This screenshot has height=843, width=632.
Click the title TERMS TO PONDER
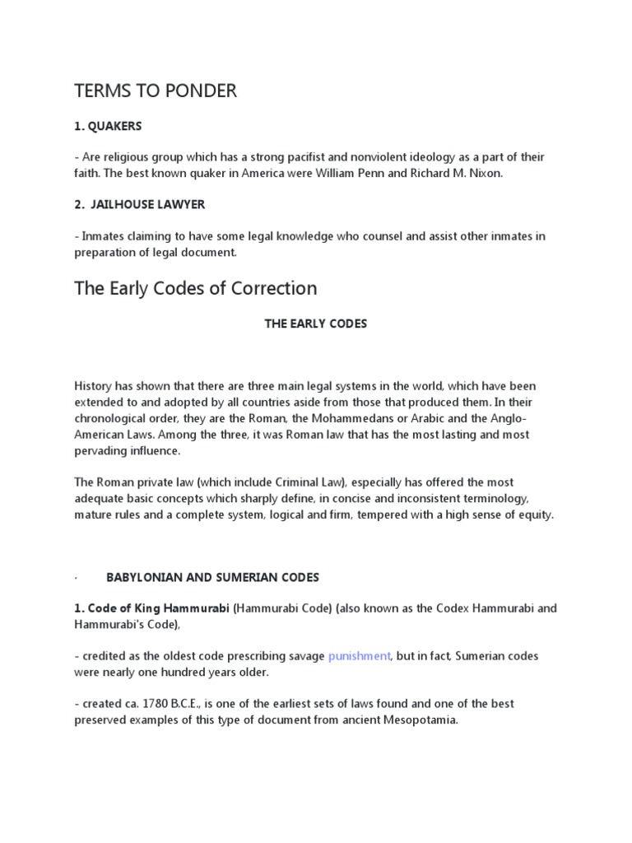[x=155, y=91]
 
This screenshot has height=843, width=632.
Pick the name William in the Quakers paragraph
[x=379, y=173]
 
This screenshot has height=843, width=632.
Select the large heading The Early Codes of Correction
[x=195, y=288]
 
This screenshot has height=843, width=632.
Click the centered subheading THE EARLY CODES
[x=315, y=324]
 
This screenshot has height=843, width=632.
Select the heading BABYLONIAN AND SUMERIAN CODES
[x=212, y=577]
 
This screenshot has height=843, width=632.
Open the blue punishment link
[x=359, y=656]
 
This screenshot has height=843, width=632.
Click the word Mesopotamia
[x=411, y=720]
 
